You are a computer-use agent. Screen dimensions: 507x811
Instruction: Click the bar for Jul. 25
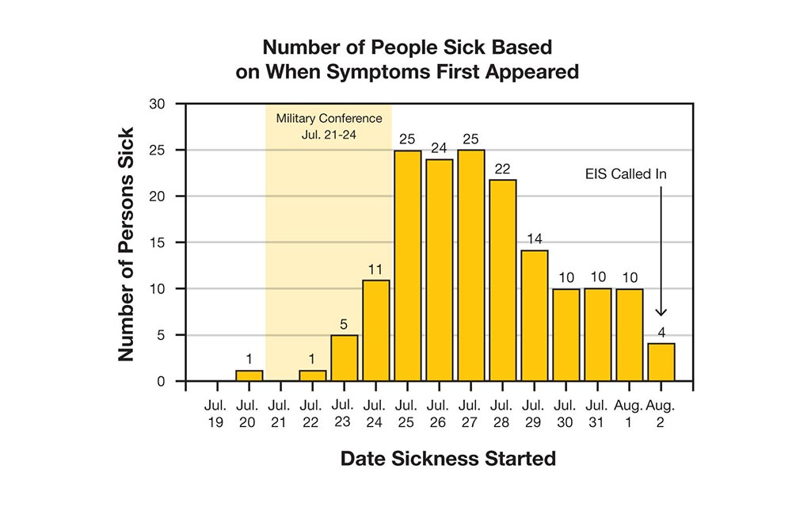(408, 265)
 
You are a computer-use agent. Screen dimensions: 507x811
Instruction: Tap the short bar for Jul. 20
(249, 375)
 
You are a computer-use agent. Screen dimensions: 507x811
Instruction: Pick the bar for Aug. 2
(661, 362)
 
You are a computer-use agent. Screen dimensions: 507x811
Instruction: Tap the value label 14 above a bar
(535, 238)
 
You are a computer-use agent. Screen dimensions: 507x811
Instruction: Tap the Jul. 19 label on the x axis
(217, 414)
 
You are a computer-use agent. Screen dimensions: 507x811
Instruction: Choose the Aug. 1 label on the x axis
(630, 414)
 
